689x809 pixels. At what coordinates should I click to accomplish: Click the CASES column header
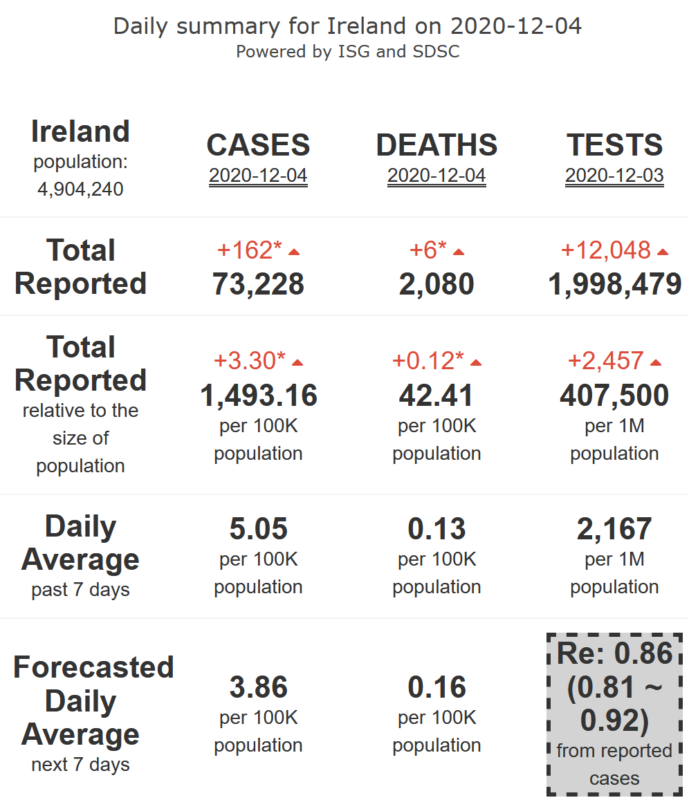[258, 145]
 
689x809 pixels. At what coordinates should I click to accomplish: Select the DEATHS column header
[437, 145]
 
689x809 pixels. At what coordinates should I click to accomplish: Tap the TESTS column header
[614, 145]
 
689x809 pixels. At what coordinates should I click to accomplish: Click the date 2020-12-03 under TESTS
[614, 176]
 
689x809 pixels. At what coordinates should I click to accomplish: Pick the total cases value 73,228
[258, 284]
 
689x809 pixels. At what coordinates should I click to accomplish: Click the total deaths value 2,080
[437, 284]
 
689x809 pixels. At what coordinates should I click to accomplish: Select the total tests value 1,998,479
[614, 284]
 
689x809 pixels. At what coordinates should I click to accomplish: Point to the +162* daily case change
[250, 250]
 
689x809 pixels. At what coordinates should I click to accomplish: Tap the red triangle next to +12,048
[663, 252]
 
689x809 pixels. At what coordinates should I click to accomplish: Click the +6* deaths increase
[428, 250]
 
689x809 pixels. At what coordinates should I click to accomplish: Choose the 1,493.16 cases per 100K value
[258, 396]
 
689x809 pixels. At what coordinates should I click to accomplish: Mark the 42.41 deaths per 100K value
[437, 396]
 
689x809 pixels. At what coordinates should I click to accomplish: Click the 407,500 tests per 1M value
[614, 396]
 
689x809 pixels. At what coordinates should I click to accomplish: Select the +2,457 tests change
[606, 360]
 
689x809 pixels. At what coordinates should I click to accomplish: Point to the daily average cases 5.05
[258, 529]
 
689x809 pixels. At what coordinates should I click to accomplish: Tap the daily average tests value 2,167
[614, 529]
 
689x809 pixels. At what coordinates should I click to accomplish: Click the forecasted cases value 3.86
[258, 687]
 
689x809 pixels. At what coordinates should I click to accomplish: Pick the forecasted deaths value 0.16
[437, 687]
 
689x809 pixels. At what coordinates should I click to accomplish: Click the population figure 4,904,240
[80, 189]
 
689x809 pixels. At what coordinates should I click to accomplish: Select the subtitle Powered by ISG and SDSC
[347, 52]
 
